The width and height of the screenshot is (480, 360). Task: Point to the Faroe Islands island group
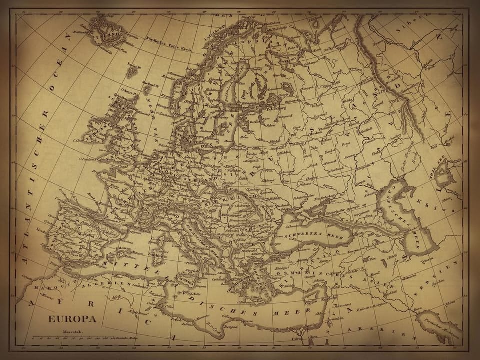click(x=132, y=71)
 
